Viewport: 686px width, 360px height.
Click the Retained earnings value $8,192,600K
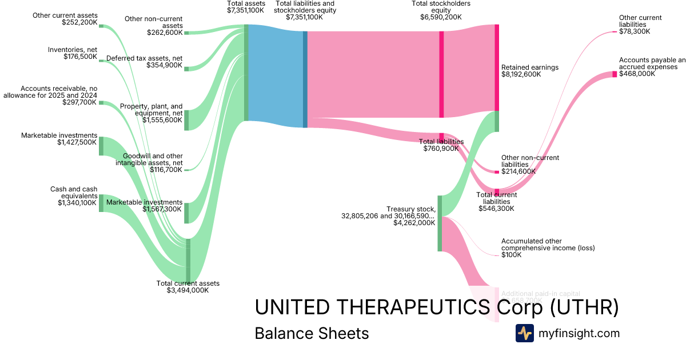[x=521, y=74]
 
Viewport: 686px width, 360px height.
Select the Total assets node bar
[x=246, y=73]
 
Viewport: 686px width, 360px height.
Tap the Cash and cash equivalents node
[x=101, y=203]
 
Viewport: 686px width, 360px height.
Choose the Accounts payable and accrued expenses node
[x=615, y=74]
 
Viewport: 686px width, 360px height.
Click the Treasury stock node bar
[x=440, y=223]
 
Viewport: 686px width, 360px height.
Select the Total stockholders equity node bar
[x=441, y=74]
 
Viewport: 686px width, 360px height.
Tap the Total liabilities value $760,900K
[x=441, y=149]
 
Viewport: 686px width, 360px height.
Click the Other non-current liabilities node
[x=497, y=172]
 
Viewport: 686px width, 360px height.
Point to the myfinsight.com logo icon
[x=524, y=333]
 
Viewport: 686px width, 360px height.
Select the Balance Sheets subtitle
[x=312, y=333]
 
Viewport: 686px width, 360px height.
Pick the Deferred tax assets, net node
[x=186, y=68]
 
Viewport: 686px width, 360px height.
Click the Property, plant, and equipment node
[x=186, y=120]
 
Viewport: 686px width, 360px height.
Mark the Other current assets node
[x=101, y=26]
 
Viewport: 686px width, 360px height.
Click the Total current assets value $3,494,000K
[x=188, y=290]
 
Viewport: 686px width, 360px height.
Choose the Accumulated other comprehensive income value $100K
[x=511, y=255]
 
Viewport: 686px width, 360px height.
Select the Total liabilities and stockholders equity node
[x=305, y=79]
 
